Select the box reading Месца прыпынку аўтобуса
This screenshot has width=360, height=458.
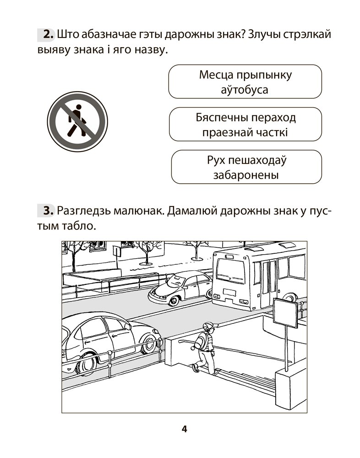click(x=245, y=82)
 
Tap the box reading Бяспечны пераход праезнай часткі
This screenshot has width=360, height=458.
click(x=245, y=125)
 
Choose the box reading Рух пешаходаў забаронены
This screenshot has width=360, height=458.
click(x=246, y=167)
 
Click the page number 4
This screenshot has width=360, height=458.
click(x=184, y=429)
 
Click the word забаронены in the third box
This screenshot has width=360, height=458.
click(x=246, y=175)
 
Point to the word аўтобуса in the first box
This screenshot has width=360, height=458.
click(x=245, y=89)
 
